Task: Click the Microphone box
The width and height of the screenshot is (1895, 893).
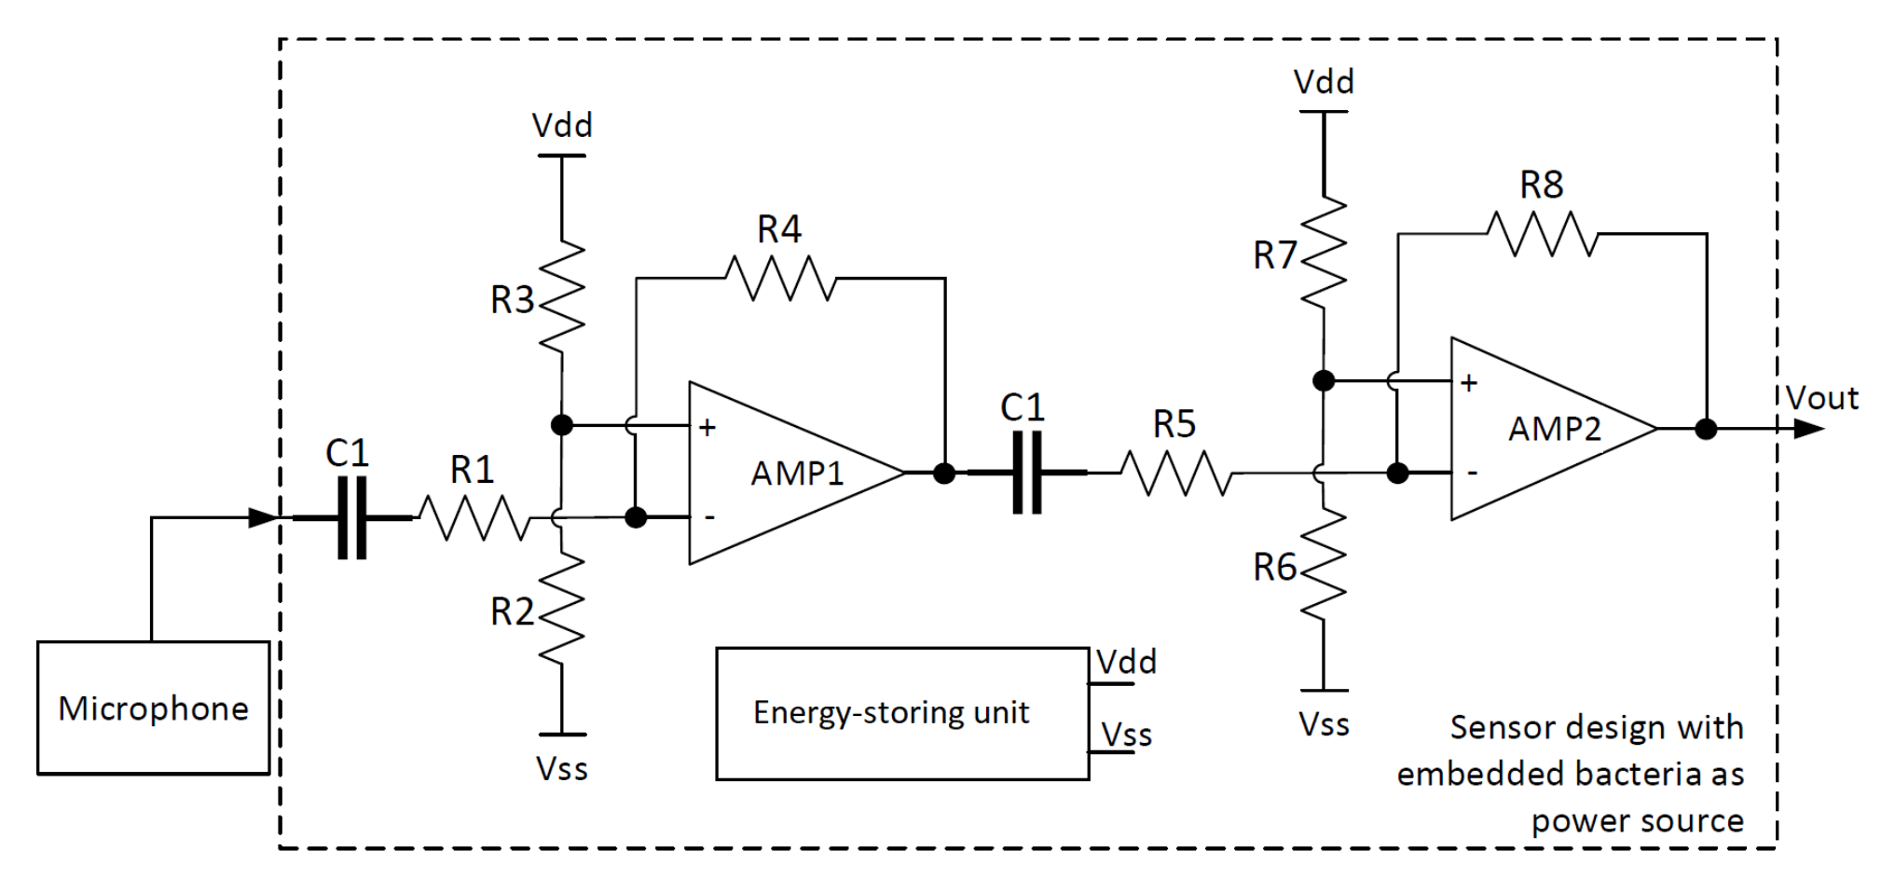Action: point(153,708)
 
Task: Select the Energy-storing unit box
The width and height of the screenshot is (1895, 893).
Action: point(901,713)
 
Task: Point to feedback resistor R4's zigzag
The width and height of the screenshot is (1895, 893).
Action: point(780,278)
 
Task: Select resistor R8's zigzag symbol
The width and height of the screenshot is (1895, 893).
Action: point(1542,233)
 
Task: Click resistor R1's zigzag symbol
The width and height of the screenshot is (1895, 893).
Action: point(474,518)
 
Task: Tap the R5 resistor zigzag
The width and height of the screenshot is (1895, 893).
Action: point(1175,474)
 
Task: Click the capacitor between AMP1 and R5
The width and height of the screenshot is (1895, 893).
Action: point(1026,474)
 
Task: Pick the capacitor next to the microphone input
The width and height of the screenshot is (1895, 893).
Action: point(351,517)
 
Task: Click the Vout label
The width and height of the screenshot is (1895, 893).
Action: point(1822,399)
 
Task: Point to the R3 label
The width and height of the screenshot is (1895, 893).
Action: point(512,300)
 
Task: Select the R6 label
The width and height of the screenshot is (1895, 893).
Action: point(1274,567)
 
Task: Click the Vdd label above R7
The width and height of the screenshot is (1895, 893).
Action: point(1324,82)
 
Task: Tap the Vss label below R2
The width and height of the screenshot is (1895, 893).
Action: point(562,769)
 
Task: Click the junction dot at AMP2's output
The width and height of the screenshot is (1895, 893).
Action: point(1706,429)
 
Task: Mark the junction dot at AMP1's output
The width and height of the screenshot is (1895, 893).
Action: point(944,474)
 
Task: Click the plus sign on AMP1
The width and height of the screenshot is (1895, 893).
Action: point(707,428)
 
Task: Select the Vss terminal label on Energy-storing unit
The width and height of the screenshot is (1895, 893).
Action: point(1126,735)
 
